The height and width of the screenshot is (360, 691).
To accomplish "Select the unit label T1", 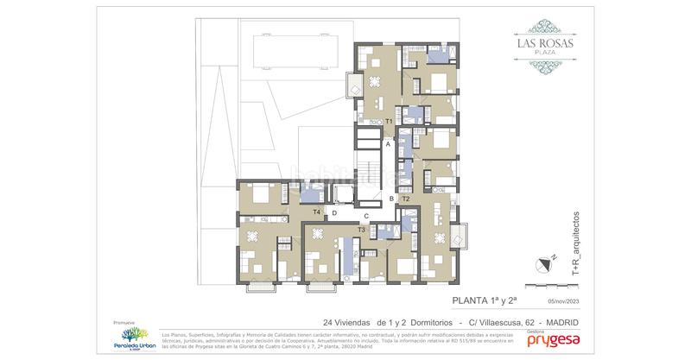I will pyautogui.click(x=390, y=122).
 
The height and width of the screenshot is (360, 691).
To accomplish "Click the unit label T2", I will pyautogui.click(x=405, y=199).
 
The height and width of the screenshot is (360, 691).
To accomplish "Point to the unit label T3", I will pyautogui.click(x=360, y=230).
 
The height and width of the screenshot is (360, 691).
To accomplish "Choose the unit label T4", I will pyautogui.click(x=316, y=212).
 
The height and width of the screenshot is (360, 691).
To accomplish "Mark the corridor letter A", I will pyautogui.click(x=389, y=145).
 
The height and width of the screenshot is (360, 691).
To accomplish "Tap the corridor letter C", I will pyautogui.click(x=366, y=216).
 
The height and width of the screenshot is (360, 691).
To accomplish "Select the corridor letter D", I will pyautogui.click(x=334, y=213).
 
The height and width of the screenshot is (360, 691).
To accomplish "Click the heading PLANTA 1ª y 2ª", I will pyautogui.click(x=485, y=301).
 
